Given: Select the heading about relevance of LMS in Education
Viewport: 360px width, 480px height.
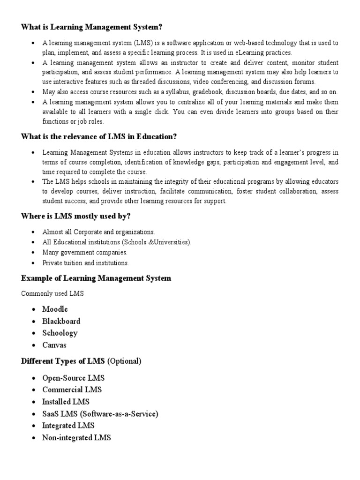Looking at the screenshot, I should point(98,137).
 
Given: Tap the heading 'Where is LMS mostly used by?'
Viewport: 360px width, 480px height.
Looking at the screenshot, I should point(75,216).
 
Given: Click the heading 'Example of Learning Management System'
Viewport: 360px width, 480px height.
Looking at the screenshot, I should point(96,278).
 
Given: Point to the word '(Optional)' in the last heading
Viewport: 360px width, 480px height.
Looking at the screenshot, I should point(124,361).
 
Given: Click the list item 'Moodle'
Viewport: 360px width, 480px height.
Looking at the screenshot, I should point(55,309).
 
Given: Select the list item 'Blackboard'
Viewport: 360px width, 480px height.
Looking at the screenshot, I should point(61,321).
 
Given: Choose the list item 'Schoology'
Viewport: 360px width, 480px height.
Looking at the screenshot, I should point(60,333).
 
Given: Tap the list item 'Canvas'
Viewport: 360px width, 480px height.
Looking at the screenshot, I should point(54,345).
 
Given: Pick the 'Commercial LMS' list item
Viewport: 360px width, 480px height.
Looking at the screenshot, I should point(72,390).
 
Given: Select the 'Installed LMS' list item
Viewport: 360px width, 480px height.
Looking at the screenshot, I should point(66,402).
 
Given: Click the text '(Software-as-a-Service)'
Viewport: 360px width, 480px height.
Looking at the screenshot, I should point(120,414).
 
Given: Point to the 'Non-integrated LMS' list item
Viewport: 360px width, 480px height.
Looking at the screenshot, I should point(76,438).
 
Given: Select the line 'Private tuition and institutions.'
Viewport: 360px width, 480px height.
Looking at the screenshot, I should point(85,263).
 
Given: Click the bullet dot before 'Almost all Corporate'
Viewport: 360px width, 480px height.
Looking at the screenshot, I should point(33,232).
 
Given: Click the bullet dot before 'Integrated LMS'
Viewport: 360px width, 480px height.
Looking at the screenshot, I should point(33,426).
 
